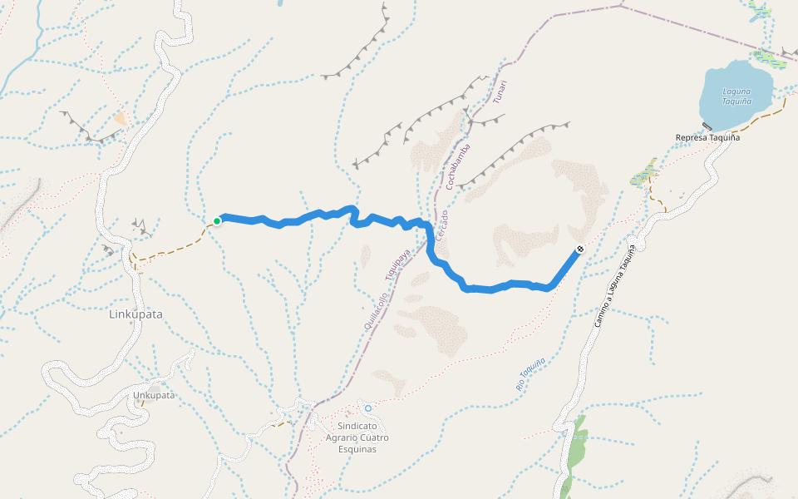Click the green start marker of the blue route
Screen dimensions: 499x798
tap(217, 221)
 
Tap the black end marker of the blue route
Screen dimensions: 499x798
tap(579, 249)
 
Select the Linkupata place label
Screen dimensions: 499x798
tap(135, 314)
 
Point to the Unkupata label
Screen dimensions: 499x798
tap(154, 395)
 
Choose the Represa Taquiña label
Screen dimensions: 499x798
tap(707, 137)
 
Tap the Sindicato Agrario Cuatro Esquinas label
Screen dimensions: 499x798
tap(357, 437)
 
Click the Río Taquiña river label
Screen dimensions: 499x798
tap(530, 374)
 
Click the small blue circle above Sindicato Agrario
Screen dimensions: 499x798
tap(368, 408)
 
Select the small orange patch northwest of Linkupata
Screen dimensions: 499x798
tap(121, 119)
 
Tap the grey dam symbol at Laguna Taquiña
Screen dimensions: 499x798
tap(707, 126)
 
